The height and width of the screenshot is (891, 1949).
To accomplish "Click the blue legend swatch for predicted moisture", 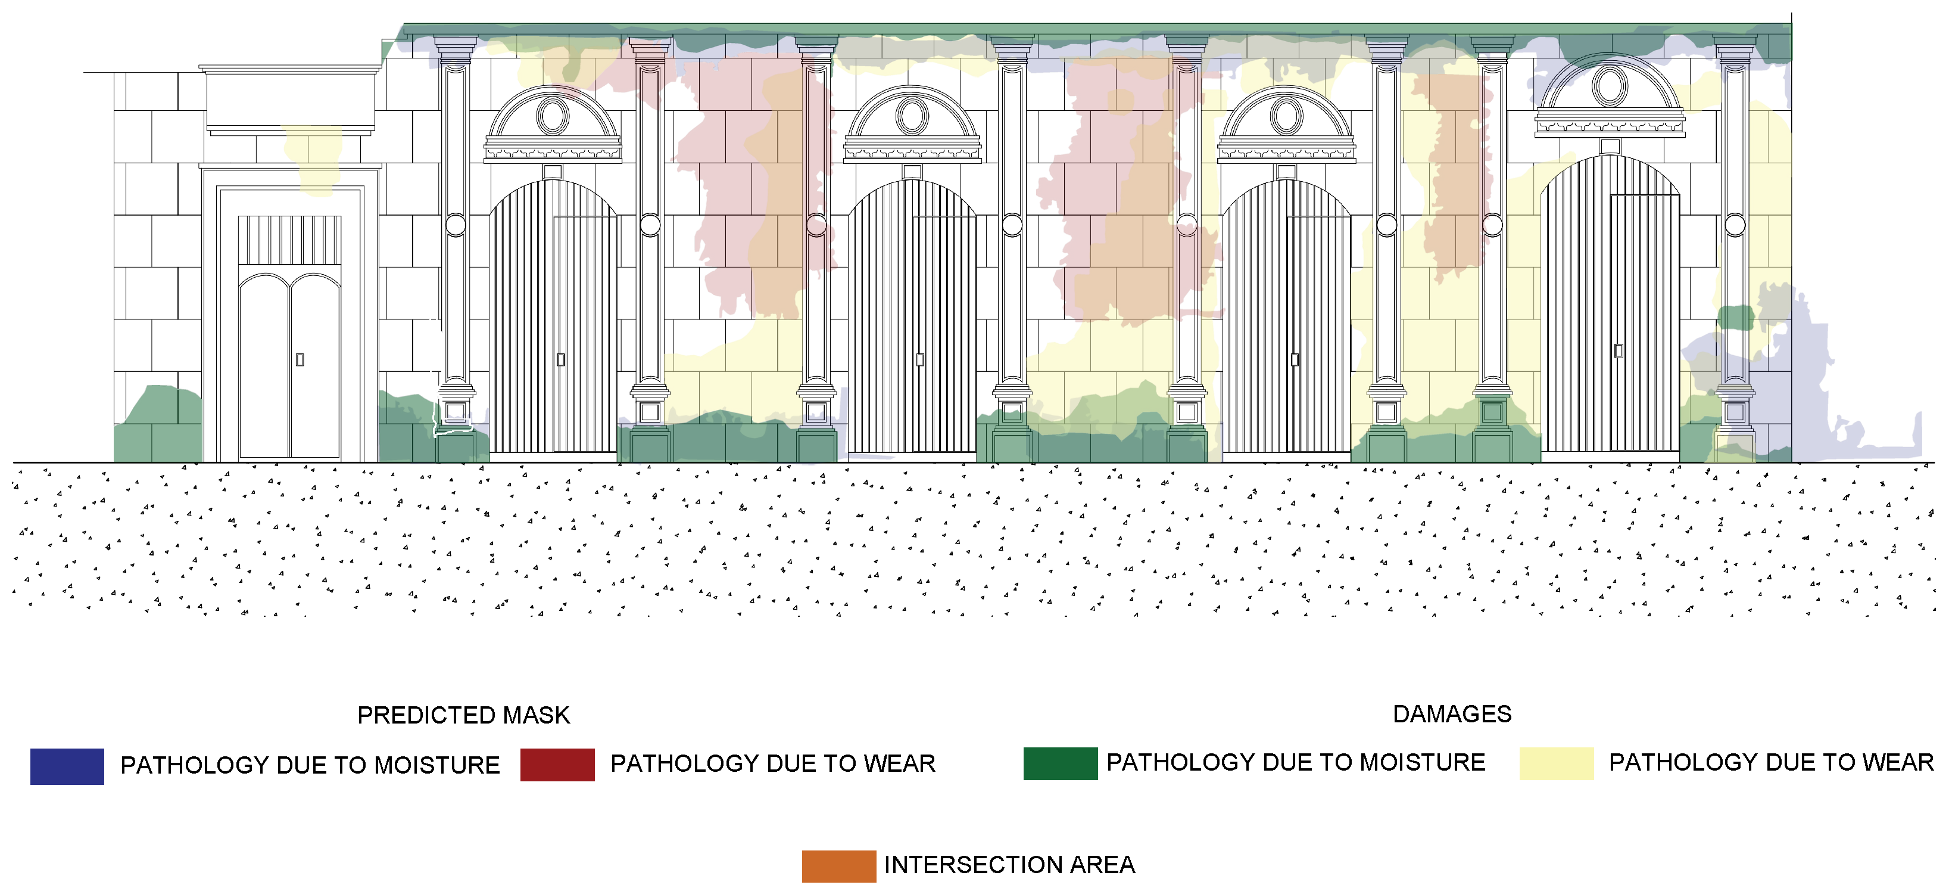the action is click(x=67, y=766).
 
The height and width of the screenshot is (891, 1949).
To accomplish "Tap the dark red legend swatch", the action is click(x=557, y=765).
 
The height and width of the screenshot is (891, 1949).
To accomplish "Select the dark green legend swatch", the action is click(x=1060, y=763).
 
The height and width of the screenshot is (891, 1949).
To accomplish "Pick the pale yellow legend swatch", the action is click(x=1557, y=763).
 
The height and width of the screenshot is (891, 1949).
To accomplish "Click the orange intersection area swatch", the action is click(x=838, y=866).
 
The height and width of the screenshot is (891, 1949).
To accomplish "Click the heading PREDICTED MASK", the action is click(x=463, y=715).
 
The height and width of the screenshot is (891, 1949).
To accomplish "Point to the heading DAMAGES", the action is click(x=1452, y=714).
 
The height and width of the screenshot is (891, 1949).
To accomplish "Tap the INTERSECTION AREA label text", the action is click(x=1009, y=865).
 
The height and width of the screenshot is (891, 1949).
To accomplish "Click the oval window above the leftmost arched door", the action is click(x=553, y=116).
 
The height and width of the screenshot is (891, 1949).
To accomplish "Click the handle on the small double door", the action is click(x=300, y=359).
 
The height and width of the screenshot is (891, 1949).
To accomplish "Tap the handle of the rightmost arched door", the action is click(x=1619, y=350).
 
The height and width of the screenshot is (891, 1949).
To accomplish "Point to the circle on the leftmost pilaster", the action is click(x=456, y=225).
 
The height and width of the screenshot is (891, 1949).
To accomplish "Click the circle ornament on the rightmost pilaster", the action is click(x=1735, y=225).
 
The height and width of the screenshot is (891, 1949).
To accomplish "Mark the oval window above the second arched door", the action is click(x=912, y=116).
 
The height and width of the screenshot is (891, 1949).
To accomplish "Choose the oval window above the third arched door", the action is click(x=1286, y=116).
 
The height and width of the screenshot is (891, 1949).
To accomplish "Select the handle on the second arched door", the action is click(x=920, y=359).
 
